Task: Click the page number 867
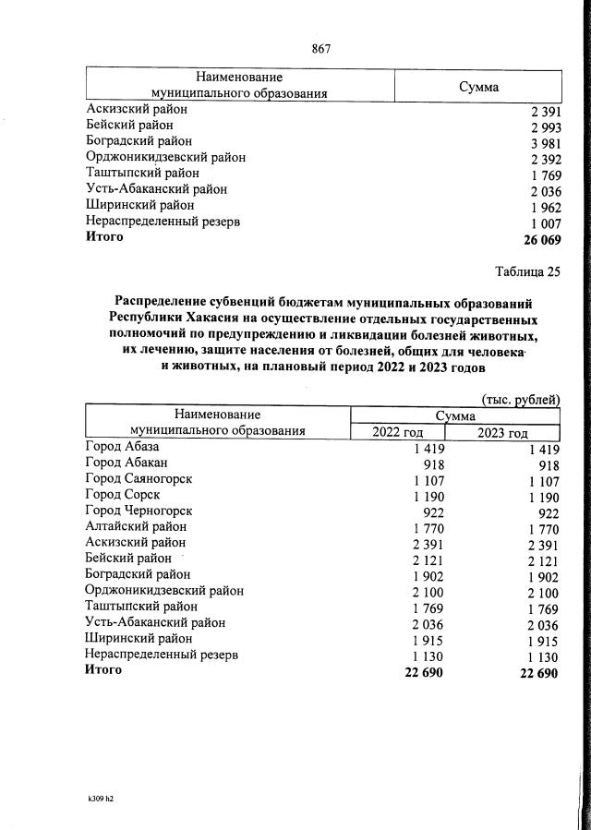pyautogui.click(x=320, y=49)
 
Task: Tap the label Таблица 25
pyautogui.click(x=526, y=271)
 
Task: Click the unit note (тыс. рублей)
pyautogui.click(x=521, y=399)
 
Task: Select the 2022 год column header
pyautogui.click(x=397, y=433)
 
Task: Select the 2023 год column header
pyautogui.click(x=502, y=433)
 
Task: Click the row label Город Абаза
pyautogui.click(x=122, y=448)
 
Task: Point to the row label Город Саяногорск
pyautogui.click(x=139, y=479)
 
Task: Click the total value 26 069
pyautogui.click(x=540, y=239)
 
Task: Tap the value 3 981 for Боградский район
pyautogui.click(x=544, y=143)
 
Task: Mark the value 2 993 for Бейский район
pyautogui.click(x=544, y=127)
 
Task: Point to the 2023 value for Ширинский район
pyautogui.click(x=543, y=639)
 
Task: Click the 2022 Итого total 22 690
pyautogui.click(x=423, y=672)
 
